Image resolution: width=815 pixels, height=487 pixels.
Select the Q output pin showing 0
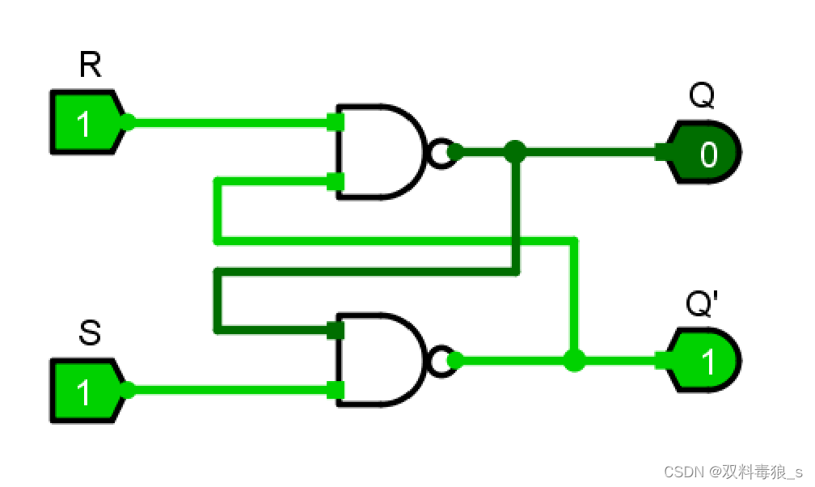click(703, 151)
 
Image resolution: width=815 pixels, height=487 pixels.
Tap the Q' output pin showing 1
click(703, 361)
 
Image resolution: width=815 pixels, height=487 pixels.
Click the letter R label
click(91, 66)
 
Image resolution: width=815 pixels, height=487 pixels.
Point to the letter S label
click(90, 333)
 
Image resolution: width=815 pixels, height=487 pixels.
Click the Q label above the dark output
click(701, 96)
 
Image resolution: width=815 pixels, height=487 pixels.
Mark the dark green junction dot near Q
click(515, 150)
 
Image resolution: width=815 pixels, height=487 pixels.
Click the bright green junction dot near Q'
click(574, 360)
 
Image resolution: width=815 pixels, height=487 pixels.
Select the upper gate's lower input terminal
click(336, 180)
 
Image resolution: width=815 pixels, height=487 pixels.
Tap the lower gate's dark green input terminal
click(336, 330)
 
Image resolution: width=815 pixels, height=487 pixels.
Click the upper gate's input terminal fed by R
click(336, 123)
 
